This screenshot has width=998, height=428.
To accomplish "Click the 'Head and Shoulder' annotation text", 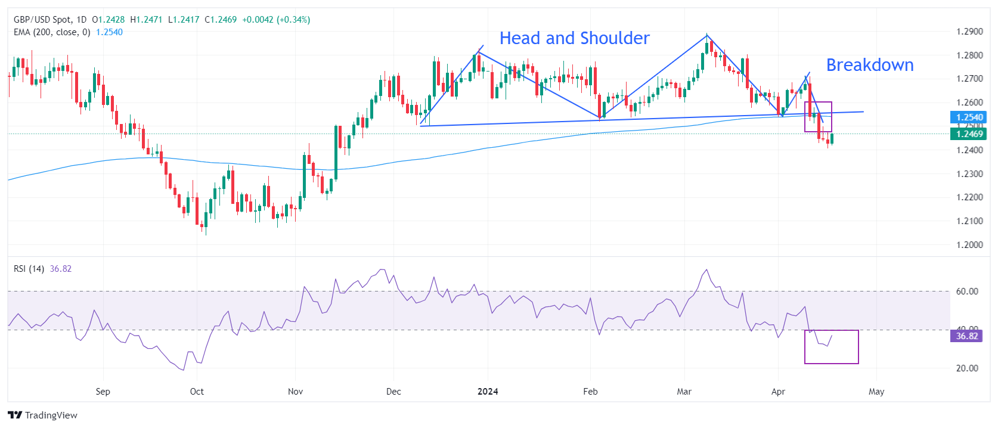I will pos(574,38).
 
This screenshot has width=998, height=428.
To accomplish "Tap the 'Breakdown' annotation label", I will pos(869,65).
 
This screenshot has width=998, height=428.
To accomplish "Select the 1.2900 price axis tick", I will pos(969,32).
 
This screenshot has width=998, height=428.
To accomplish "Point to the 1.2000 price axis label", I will pos(969,244).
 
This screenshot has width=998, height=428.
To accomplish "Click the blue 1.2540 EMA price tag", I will pos(968,117).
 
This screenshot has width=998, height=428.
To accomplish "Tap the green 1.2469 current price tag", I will pos(968,134).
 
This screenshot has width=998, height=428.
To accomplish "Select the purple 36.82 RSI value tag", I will pos(966,336).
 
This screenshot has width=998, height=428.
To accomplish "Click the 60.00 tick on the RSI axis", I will pos(967,291).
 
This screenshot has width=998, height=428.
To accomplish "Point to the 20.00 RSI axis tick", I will pos(967,368).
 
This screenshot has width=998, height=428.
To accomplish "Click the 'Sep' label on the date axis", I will pos(103,392).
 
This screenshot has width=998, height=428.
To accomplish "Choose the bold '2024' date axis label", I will pos(488,392).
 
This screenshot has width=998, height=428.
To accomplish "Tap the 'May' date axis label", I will pos(876,392).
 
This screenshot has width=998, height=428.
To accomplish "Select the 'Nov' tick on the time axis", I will pos(295,392).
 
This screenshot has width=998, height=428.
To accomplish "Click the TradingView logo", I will pos(43,415).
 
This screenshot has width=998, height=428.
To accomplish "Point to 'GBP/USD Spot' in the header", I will pos(42,20).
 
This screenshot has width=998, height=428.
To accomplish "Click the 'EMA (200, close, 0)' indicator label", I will pos(52,32).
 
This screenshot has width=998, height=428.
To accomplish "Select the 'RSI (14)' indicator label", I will pos(29,269).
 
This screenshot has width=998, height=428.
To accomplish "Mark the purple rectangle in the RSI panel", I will pos(831,347).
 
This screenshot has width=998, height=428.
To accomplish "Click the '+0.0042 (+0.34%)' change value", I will pos(276,20).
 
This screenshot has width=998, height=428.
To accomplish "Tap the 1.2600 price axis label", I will pos(969,103).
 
